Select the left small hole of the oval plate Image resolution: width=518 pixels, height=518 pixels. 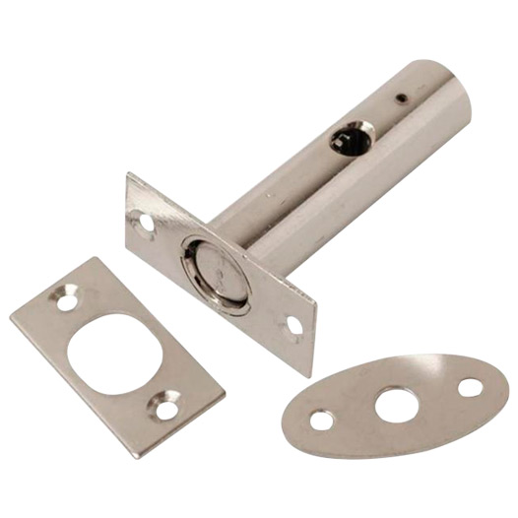(321, 421)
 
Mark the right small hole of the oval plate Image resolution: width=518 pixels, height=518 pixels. (471, 387)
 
